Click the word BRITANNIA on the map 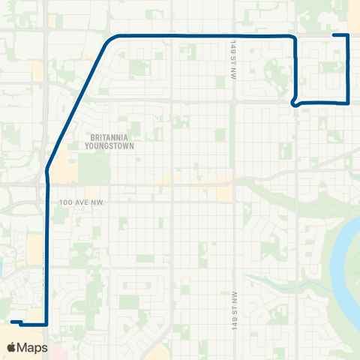point(110,137)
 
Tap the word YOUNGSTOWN point(110,147)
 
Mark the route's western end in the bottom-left point(13,322)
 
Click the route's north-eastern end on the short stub point(334,35)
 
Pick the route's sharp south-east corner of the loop point(349,103)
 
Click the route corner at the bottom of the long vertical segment point(47,324)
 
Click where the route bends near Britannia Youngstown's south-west point(48,169)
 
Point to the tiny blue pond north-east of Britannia point(156,117)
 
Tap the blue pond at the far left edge point(1,266)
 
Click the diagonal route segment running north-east point(75,105)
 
